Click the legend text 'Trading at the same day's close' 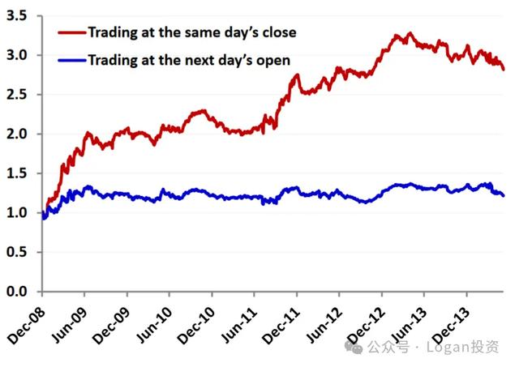[191, 32]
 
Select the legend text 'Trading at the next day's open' [188, 59]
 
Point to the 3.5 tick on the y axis [19, 16]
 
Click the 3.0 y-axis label [19, 55]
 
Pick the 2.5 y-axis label [19, 95]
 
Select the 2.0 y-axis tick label [19, 134]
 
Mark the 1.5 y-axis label [19, 173]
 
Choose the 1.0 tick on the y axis [19, 213]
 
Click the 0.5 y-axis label [19, 252]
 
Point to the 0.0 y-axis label [19, 292]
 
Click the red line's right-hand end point [504, 70]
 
